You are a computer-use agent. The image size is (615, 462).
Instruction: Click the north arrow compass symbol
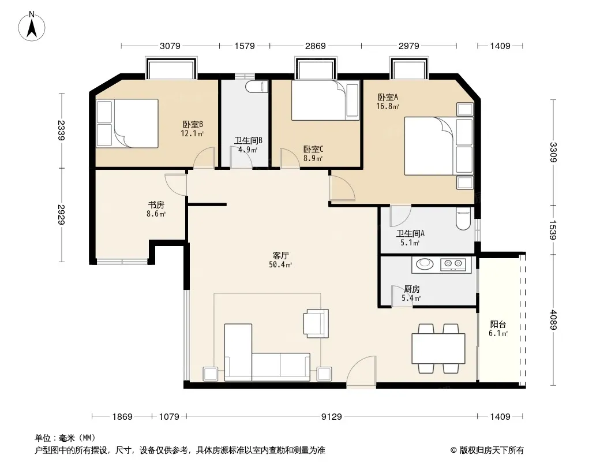pyautogui.click(x=32, y=26)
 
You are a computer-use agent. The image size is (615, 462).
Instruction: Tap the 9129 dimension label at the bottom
pyautogui.click(x=331, y=416)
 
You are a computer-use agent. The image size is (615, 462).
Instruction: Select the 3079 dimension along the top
pyautogui.click(x=170, y=46)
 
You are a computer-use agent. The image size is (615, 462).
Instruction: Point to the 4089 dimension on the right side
pyautogui.click(x=553, y=320)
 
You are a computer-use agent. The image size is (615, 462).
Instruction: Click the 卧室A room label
pyautogui.click(x=388, y=97)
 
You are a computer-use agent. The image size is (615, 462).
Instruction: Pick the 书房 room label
pyautogui.click(x=156, y=204)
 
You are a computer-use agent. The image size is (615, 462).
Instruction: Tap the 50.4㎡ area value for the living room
pyautogui.click(x=280, y=265)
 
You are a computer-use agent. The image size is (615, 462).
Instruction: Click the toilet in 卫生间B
pyautogui.click(x=257, y=87)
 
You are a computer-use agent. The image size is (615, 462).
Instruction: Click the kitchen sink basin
pyautogui.click(x=425, y=264)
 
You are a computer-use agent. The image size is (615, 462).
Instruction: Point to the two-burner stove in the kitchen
pyautogui.click(x=453, y=264)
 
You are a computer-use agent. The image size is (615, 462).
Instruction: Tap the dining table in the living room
pyautogui.click(x=438, y=348)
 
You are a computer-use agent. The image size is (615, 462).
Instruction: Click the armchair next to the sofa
pyautogui.click(x=316, y=323)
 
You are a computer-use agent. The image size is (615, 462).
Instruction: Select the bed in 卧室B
pyautogui.click(x=127, y=123)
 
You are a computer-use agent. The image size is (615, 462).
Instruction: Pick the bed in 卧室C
pyautogui.click(x=325, y=100)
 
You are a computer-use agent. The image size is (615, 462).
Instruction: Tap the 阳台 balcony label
pyautogui.click(x=498, y=324)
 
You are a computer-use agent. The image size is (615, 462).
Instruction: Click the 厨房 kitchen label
pyautogui.click(x=412, y=289)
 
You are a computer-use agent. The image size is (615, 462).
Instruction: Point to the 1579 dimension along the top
pyautogui.click(x=245, y=46)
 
